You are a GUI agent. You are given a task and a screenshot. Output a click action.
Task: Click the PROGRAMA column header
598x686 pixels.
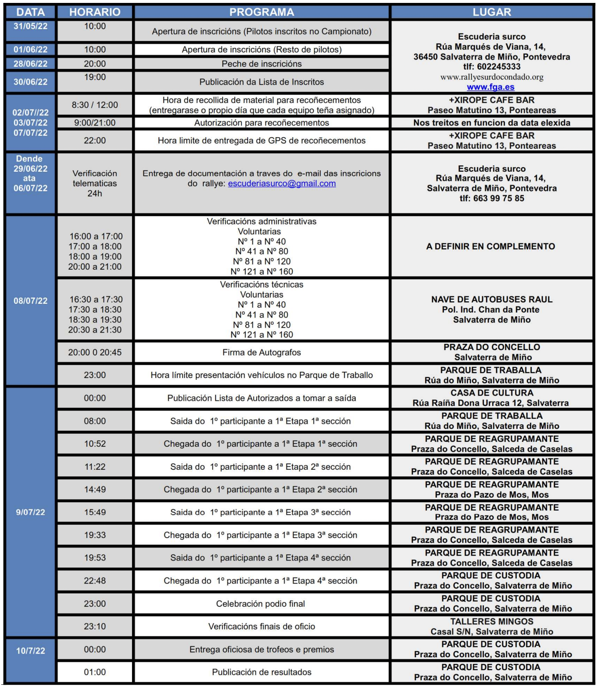(262, 12)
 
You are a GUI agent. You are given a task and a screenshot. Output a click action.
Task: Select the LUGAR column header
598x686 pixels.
(492, 12)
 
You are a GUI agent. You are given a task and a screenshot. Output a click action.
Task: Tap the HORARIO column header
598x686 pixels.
(95, 12)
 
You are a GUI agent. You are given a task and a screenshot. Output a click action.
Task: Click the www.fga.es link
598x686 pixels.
(491, 87)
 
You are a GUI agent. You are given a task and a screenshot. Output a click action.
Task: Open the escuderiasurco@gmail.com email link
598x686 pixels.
(282, 183)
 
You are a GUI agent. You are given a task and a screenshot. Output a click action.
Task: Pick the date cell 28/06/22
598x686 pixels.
(30, 64)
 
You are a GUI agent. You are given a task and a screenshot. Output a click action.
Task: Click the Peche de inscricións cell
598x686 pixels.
(262, 64)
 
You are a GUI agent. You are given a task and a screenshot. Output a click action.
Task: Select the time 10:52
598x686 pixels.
(95, 444)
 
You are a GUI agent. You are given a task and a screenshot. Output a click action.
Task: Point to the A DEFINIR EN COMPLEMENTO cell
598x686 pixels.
(491, 246)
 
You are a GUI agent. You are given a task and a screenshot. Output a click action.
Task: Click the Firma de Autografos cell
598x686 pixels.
(262, 353)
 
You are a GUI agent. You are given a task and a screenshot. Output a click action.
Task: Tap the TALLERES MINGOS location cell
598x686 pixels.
(492, 626)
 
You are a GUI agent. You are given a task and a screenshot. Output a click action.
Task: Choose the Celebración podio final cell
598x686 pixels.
(261, 604)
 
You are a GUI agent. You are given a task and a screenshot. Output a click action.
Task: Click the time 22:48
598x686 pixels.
(95, 581)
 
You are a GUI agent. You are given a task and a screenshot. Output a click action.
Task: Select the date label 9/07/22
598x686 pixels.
(30, 512)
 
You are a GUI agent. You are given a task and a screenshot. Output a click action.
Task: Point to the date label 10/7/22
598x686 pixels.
(30, 651)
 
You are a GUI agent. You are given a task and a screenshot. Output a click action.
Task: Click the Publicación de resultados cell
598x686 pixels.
(262, 672)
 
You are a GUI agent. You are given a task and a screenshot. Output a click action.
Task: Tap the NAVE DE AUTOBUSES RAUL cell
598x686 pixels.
(492, 310)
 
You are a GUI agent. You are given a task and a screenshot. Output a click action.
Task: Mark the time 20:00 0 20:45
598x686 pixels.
(95, 353)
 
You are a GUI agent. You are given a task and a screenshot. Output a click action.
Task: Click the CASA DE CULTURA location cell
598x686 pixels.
(492, 398)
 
